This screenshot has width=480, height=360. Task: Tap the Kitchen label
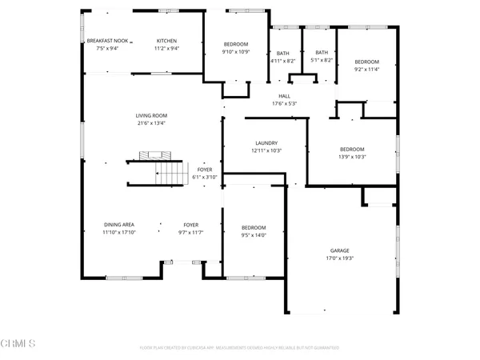click(x=166, y=41)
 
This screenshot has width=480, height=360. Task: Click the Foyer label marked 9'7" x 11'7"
click(x=190, y=225)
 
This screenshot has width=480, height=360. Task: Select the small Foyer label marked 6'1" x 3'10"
click(x=206, y=170)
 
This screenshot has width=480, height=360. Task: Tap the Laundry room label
click(x=266, y=142)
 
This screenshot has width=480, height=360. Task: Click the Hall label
click(x=284, y=96)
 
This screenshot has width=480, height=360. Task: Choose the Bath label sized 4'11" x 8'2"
click(x=283, y=53)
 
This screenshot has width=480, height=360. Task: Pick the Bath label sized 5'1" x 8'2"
click(x=322, y=53)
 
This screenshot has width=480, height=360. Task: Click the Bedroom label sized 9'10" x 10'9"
click(x=235, y=44)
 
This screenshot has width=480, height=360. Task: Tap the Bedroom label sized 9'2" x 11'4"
click(x=366, y=62)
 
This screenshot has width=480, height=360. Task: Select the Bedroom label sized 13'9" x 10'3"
click(x=352, y=149)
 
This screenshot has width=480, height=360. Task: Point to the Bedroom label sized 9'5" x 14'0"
click(x=254, y=228)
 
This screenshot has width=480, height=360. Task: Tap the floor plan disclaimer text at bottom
click(x=239, y=348)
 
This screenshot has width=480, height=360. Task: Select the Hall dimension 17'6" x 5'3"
click(x=284, y=103)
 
